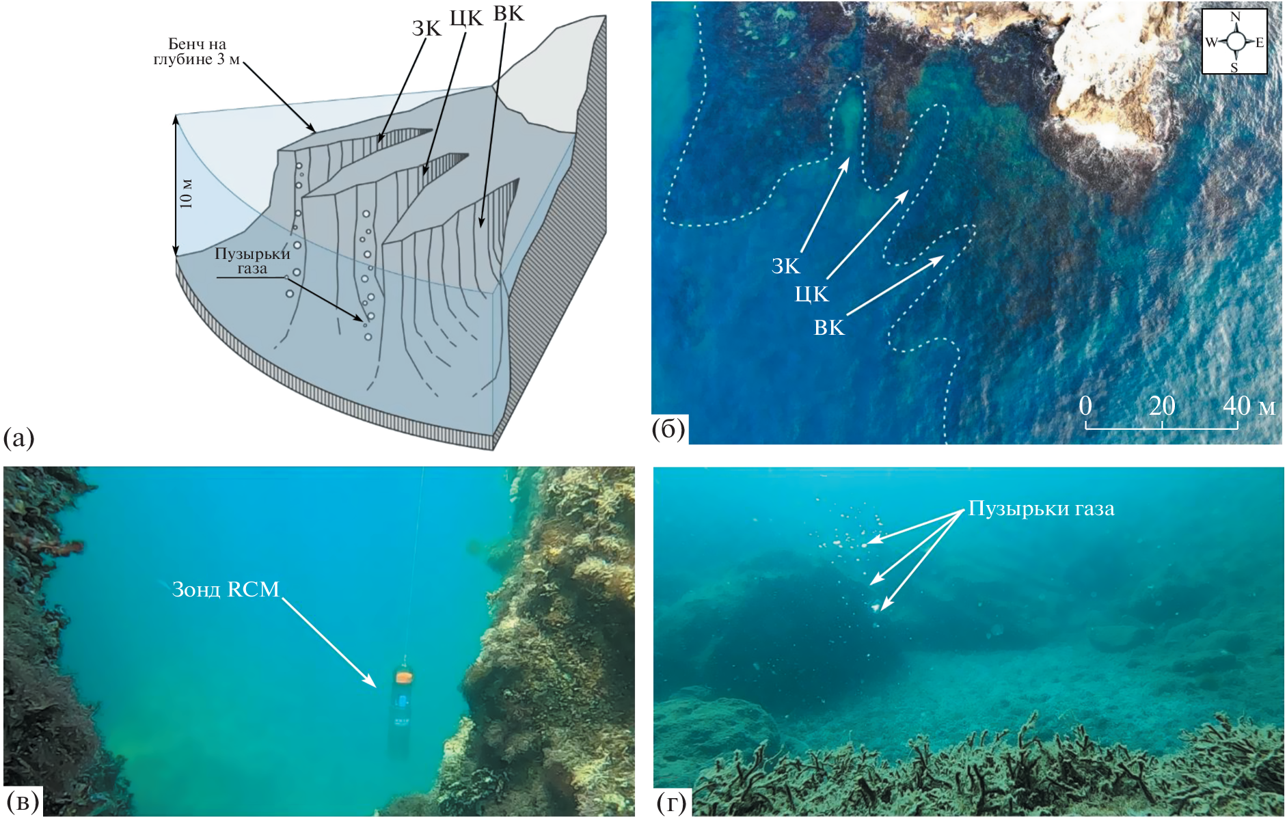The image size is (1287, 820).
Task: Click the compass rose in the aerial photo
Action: pyautogui.click(x=1234, y=42)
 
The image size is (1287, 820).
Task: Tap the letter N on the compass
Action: pyautogui.click(x=1234, y=17)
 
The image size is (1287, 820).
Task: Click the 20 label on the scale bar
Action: pyautogui.click(x=1161, y=406)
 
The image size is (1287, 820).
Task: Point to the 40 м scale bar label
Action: pyautogui.click(x=1248, y=406)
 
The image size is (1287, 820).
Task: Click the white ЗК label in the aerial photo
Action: pyautogui.click(x=785, y=266)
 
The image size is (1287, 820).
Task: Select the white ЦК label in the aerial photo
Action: pyautogui.click(x=811, y=295)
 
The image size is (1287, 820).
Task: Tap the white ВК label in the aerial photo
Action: pyautogui.click(x=829, y=328)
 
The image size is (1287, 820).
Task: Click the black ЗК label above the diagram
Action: pyautogui.click(x=426, y=28)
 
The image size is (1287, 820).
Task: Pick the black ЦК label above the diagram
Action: pyautogui.click(x=466, y=18)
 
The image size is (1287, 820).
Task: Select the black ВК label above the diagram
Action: pyautogui.click(x=509, y=14)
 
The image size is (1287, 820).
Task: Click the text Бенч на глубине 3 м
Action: pyautogui.click(x=197, y=52)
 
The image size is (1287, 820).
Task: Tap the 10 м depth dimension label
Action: pyautogui.click(x=186, y=193)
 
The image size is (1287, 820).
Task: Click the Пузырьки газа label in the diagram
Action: pyautogui.click(x=252, y=260)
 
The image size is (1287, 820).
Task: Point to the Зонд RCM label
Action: pyautogui.click(x=226, y=589)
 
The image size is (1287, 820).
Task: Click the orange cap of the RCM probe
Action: pyautogui.click(x=403, y=676)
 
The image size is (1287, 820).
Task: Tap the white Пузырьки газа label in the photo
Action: pyautogui.click(x=1041, y=509)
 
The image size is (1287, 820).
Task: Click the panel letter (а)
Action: pyautogui.click(x=18, y=438)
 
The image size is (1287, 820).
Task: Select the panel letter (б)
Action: pyautogui.click(x=668, y=428)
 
